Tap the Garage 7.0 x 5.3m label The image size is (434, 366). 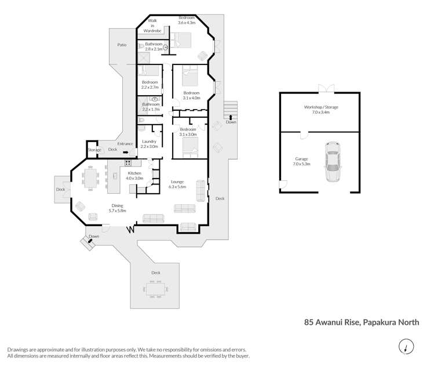tap(302, 161)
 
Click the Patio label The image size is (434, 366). tap(122, 45)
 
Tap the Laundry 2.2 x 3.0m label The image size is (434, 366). tap(149, 144)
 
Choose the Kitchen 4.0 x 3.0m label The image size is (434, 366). tap(135, 176)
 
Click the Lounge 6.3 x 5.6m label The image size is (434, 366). tap(177, 184)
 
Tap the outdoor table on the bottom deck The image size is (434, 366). tap(155, 288)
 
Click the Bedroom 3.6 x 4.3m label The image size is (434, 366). tap(187, 20)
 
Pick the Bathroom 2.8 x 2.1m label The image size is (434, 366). tap(154, 47)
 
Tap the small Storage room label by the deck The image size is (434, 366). tap(94, 150)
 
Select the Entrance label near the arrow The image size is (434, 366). tap(125, 143)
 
